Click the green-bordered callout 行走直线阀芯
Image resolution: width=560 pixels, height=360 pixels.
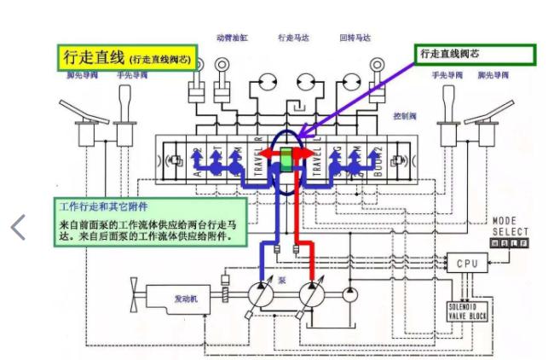476,55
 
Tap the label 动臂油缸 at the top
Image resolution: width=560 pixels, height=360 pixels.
232,38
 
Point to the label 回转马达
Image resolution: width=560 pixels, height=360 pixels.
355,38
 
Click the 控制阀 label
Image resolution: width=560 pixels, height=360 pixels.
403,113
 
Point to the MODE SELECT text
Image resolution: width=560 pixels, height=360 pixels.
511,226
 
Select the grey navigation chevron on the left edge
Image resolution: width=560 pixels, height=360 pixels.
17,227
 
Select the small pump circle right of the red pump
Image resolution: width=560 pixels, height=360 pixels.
349,296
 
